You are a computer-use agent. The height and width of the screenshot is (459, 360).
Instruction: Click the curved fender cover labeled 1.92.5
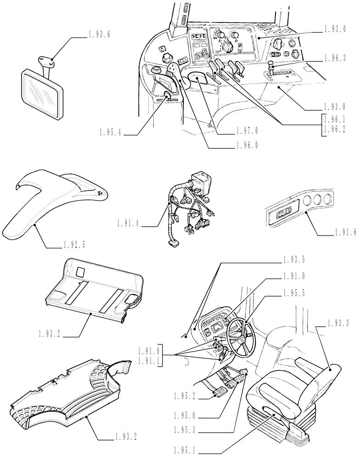51,202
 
